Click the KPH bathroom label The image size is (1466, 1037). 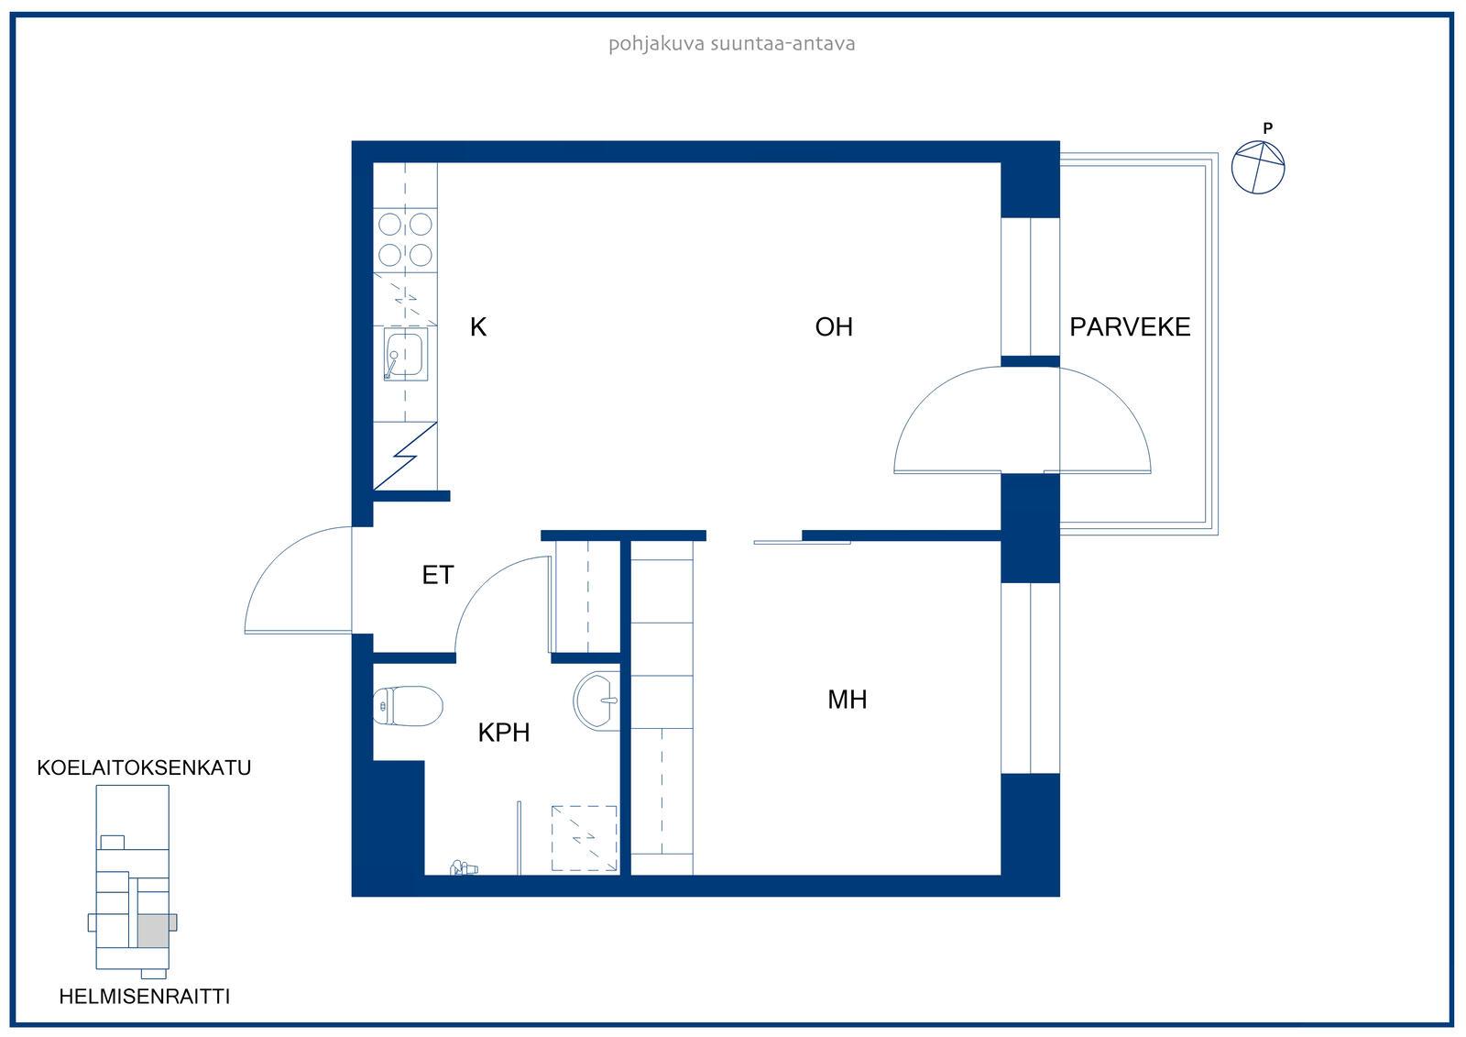(x=503, y=733)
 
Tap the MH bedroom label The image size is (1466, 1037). (x=847, y=700)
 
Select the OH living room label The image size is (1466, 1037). (x=834, y=327)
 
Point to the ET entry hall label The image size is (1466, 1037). (x=438, y=575)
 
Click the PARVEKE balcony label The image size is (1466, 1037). (x=1130, y=327)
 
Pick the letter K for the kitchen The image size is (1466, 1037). (x=478, y=327)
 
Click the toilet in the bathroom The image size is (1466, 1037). (x=408, y=706)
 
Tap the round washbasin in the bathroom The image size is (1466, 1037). (x=596, y=701)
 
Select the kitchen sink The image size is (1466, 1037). (x=406, y=354)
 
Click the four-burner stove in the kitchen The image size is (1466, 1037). (x=405, y=239)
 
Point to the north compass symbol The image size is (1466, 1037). (x=1258, y=167)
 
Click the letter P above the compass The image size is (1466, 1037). (x=1268, y=128)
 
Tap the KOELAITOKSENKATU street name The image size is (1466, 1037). (x=144, y=767)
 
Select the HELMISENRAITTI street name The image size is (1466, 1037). (x=145, y=997)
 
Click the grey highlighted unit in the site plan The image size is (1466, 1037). (x=154, y=931)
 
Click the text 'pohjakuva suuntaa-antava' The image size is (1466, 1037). (x=732, y=44)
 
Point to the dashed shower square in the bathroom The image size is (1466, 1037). (x=585, y=839)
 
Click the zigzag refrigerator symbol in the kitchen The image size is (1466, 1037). (x=405, y=456)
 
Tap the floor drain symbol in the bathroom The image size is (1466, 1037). (x=464, y=868)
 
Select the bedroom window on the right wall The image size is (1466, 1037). (x=1030, y=678)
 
